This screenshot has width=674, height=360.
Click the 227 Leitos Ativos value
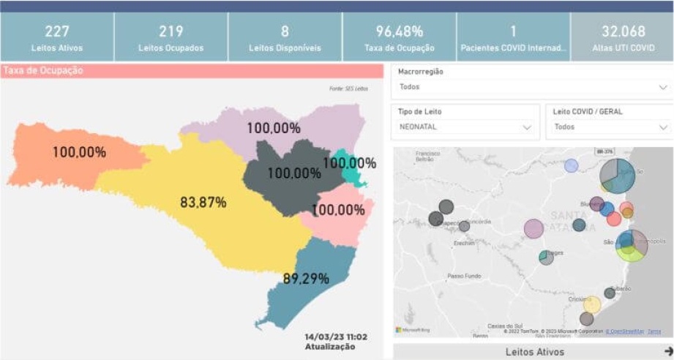(57, 31)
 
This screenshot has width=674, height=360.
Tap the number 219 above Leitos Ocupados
(171, 31)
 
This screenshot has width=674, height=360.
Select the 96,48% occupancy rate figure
(399, 31)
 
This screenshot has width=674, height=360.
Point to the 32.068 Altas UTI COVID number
(623, 31)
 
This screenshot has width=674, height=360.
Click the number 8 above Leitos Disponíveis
(285, 31)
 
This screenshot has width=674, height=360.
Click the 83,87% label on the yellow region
(203, 202)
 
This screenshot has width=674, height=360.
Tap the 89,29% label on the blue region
(306, 278)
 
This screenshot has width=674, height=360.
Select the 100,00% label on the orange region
(79, 152)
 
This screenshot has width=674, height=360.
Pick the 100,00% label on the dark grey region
(294, 173)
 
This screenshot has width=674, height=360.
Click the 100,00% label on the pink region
(338, 210)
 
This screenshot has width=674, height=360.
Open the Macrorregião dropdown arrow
(663, 87)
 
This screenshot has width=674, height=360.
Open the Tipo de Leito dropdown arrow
(527, 127)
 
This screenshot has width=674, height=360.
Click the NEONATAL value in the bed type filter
(419, 127)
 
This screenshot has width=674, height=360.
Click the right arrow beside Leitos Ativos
(667, 351)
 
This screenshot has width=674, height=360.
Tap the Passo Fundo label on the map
(463, 276)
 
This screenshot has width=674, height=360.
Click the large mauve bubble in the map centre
(533, 229)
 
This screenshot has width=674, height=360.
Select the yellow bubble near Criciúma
(591, 304)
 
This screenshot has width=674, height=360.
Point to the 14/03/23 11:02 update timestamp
(336, 337)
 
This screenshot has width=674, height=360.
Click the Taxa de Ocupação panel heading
(44, 71)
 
